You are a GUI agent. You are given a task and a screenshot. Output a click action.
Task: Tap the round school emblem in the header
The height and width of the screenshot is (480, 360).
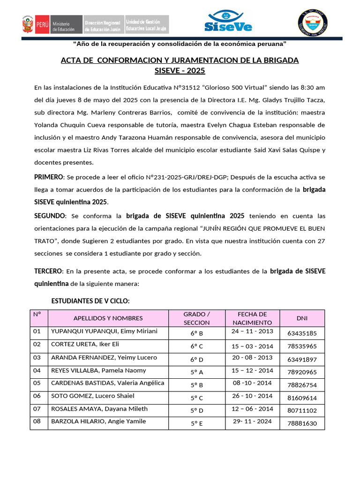pyautogui.click(x=313, y=22)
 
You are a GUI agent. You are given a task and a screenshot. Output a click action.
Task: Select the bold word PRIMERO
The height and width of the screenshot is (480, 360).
pyautogui.click(x=49, y=177)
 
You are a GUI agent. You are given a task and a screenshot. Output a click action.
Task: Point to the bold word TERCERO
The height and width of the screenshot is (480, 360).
pyautogui.click(x=48, y=271)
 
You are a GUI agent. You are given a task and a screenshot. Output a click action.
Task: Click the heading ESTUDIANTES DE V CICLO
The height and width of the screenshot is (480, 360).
pyautogui.click(x=90, y=300)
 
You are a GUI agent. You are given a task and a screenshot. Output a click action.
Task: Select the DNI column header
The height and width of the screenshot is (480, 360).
pyautogui.click(x=302, y=318)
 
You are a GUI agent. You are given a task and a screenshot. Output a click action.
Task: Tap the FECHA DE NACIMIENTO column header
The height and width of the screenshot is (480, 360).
pyautogui.click(x=252, y=318)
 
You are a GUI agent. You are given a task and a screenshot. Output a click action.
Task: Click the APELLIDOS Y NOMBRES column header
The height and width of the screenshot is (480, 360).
pyautogui.click(x=108, y=318)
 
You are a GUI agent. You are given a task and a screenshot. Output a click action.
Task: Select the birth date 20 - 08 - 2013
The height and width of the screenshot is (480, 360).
pyautogui.click(x=252, y=357)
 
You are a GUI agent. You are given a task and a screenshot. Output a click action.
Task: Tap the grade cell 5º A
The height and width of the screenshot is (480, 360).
pyautogui.click(x=196, y=372)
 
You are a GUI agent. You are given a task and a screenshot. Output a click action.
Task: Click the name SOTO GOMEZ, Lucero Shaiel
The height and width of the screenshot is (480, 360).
pyautogui.click(x=92, y=396)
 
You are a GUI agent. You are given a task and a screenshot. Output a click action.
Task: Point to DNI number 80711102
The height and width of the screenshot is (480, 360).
pyautogui.click(x=302, y=411)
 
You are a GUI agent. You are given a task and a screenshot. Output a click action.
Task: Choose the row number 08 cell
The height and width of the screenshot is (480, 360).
pyautogui.click(x=37, y=421)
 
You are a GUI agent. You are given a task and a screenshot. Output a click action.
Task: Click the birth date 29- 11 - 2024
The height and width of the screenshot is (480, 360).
pyautogui.click(x=252, y=421)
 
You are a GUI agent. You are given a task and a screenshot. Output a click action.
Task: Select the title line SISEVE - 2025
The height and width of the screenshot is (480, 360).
pyautogui.click(x=180, y=71)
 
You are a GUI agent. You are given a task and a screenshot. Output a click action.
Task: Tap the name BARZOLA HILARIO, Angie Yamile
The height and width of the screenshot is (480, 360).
pyautogui.click(x=98, y=421)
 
